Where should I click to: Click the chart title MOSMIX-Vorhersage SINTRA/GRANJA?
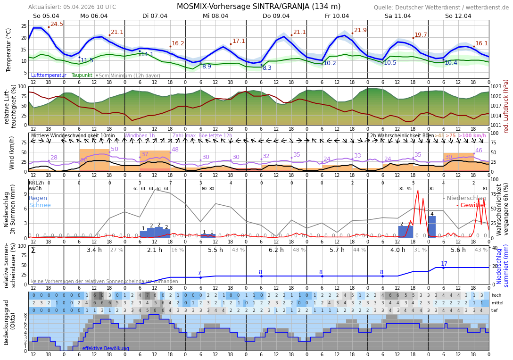click(x=258, y=7)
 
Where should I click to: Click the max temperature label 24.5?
click(x=57, y=24)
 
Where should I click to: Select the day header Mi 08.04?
click(x=215, y=16)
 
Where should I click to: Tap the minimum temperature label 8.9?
click(x=207, y=67)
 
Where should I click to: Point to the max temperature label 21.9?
click(x=360, y=30)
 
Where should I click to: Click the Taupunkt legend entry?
click(x=82, y=75)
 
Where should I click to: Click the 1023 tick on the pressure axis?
click(x=496, y=87)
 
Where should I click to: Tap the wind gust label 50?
click(x=115, y=149)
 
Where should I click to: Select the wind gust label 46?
click(x=479, y=151)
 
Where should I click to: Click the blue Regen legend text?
click(x=38, y=198)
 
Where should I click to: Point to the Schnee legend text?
click(x=40, y=205)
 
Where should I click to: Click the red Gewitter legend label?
click(x=471, y=205)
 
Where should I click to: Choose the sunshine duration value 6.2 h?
click(x=276, y=250)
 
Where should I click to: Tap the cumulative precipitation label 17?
click(x=444, y=264)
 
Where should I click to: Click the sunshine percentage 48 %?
click(x=299, y=250)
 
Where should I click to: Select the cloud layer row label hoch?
click(x=496, y=295)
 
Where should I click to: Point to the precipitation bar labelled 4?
click(x=432, y=226)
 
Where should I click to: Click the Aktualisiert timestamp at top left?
click(x=72, y=7)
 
